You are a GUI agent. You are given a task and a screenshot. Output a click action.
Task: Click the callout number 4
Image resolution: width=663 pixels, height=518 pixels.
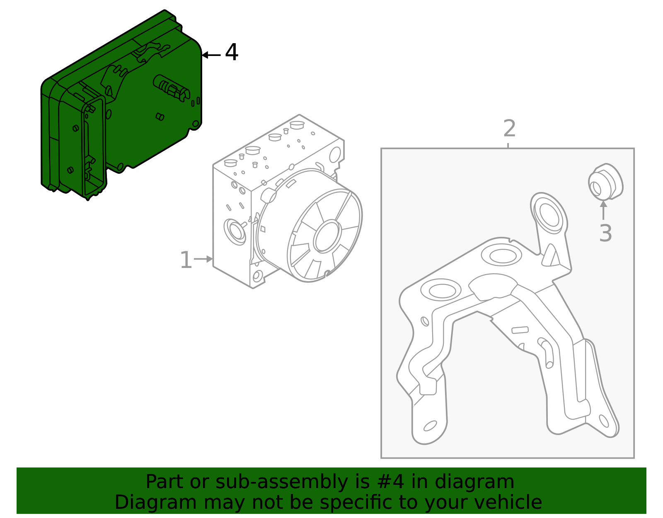232,53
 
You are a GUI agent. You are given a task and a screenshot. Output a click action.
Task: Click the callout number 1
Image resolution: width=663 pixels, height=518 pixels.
186,260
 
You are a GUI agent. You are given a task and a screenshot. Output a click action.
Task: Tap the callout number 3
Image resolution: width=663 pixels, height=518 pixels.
605,233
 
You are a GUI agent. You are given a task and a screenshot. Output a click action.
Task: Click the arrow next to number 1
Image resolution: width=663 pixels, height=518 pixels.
203,259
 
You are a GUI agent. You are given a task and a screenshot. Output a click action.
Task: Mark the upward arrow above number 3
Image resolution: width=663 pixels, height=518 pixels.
604,210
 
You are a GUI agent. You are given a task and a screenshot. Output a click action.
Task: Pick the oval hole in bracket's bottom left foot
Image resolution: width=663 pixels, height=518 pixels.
430,426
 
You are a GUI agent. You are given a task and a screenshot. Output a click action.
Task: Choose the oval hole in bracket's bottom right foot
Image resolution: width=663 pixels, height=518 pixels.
604,421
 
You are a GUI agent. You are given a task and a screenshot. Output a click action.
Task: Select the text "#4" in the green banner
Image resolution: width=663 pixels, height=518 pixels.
385,482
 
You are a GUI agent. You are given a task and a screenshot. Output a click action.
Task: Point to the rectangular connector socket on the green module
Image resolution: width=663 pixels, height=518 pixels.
94,145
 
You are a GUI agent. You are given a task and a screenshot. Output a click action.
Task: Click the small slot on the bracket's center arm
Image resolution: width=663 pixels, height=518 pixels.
520,330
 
